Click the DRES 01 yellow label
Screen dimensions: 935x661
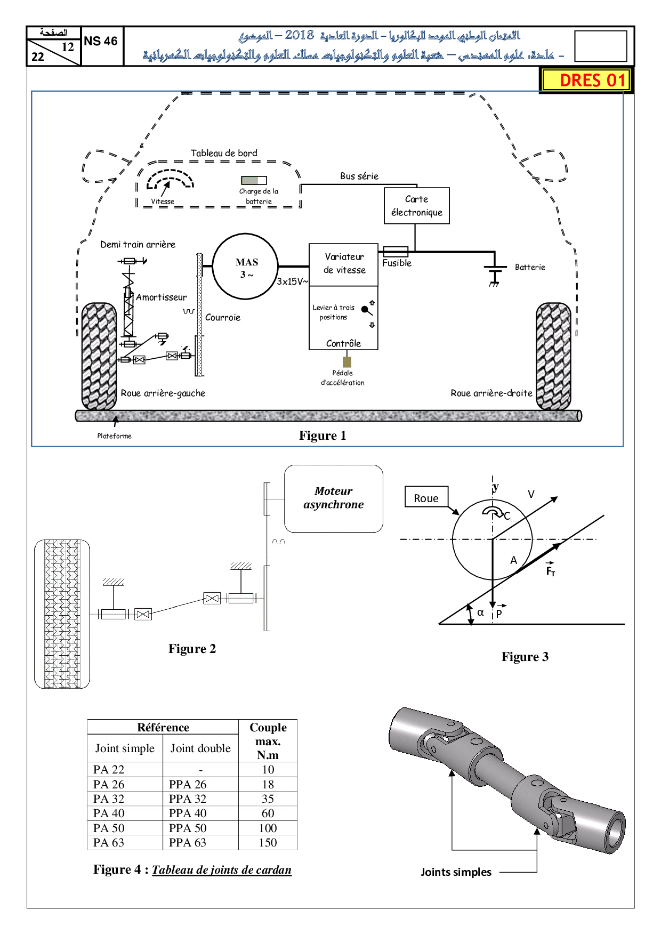[586, 80]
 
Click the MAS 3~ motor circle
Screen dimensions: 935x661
[245, 266]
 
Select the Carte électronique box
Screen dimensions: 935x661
[416, 206]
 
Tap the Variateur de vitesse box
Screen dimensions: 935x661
[344, 264]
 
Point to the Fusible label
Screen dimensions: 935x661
[397, 263]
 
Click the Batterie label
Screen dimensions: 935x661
[529, 267]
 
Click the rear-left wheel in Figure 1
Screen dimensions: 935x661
[99, 356]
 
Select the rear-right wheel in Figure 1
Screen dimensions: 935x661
[553, 356]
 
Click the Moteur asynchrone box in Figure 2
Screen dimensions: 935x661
[334, 498]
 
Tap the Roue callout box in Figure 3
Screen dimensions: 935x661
[426, 498]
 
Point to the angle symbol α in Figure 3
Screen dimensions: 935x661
[480, 612]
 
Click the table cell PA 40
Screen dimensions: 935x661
[109, 813]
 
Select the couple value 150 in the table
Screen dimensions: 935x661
[268, 843]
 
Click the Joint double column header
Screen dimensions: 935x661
[200, 748]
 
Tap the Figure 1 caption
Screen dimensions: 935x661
[323, 436]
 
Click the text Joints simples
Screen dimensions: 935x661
[456, 872]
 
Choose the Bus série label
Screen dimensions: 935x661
[359, 176]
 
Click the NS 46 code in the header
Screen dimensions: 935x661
[101, 42]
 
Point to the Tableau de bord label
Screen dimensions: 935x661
[224, 154]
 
